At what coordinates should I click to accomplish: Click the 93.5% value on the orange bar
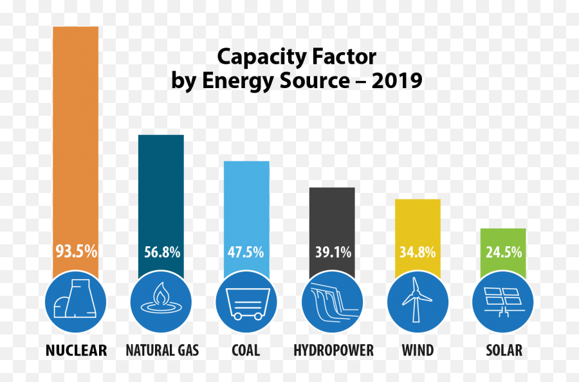point(76,251)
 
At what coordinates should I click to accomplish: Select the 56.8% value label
point(161,252)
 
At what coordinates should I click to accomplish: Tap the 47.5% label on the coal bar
point(246,252)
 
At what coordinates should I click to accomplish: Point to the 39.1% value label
point(333,252)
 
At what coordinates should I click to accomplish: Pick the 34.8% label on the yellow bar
point(418,252)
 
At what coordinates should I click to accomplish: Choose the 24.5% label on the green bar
point(504,252)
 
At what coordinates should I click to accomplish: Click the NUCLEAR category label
point(76,350)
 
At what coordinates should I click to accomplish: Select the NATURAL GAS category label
point(162,350)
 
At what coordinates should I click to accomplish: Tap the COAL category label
point(246,350)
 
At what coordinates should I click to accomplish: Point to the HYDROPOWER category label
point(333,350)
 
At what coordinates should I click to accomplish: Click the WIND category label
point(418,350)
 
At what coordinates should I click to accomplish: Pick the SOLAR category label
point(504,350)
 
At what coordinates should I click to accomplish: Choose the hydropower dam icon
point(333,301)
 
